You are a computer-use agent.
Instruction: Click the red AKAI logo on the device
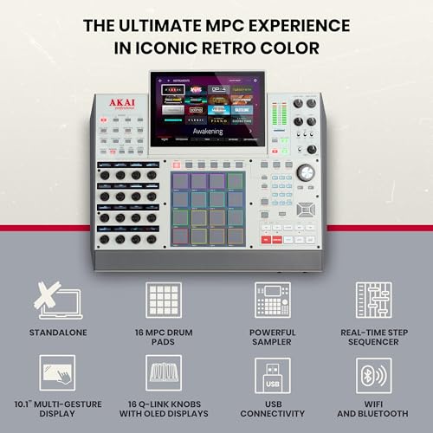[117, 106]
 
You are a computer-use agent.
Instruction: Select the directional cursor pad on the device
[305, 210]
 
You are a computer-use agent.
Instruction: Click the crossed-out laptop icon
[57, 299]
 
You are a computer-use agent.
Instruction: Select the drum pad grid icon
[164, 299]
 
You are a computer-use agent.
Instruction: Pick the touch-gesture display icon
[57, 373]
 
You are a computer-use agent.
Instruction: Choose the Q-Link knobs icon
[164, 373]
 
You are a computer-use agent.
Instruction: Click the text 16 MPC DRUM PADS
[164, 336]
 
